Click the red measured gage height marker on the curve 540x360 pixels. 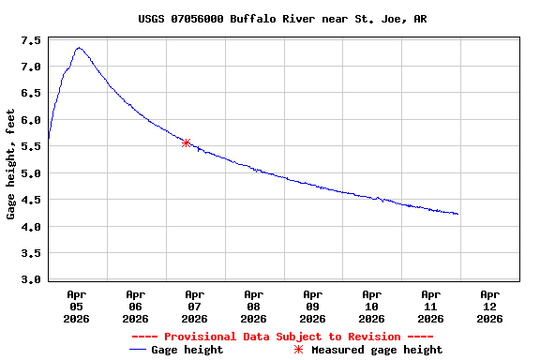click(187, 142)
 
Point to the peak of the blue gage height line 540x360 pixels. click(79, 48)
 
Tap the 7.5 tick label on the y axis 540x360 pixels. click(30, 40)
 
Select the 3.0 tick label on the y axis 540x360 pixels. click(30, 279)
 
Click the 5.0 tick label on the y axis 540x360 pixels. click(30, 173)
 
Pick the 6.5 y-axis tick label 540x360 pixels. click(30, 94)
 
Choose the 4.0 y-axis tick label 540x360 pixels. click(30, 227)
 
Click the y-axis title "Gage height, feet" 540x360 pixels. click(10, 164)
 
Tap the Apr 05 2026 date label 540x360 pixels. click(76, 306)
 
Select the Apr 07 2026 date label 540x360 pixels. click(194, 306)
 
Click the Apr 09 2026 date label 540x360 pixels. click(312, 306)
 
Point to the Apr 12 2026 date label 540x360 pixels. click(489, 306)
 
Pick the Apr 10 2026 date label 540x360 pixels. click(371, 306)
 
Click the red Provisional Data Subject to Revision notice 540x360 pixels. click(282, 337)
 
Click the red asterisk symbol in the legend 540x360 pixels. click(299, 350)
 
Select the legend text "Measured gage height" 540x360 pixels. click(377, 350)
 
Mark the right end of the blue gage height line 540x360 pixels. click(457, 214)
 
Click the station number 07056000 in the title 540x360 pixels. click(198, 19)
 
